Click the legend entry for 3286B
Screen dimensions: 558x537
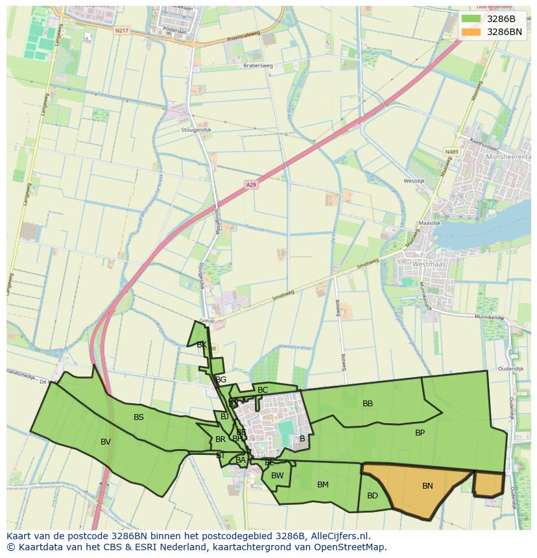[499, 18]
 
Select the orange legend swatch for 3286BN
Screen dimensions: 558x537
[471, 32]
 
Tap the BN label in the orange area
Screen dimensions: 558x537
[427, 486]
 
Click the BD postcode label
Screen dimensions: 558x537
[372, 496]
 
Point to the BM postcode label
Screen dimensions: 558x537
[323, 484]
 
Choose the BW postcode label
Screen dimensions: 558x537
[278, 476]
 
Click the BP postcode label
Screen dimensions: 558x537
[420, 432]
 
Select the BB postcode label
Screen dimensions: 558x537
[368, 404]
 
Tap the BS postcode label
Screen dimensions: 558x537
[139, 417]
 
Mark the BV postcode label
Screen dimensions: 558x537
[106, 442]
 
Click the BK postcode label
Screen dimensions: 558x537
[202, 345]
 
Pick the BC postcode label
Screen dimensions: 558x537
[263, 390]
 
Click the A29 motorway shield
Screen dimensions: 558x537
[251, 185]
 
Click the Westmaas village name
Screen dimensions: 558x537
[428, 264]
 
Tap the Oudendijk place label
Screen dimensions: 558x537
[510, 369]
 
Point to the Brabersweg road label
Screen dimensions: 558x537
[256, 65]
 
